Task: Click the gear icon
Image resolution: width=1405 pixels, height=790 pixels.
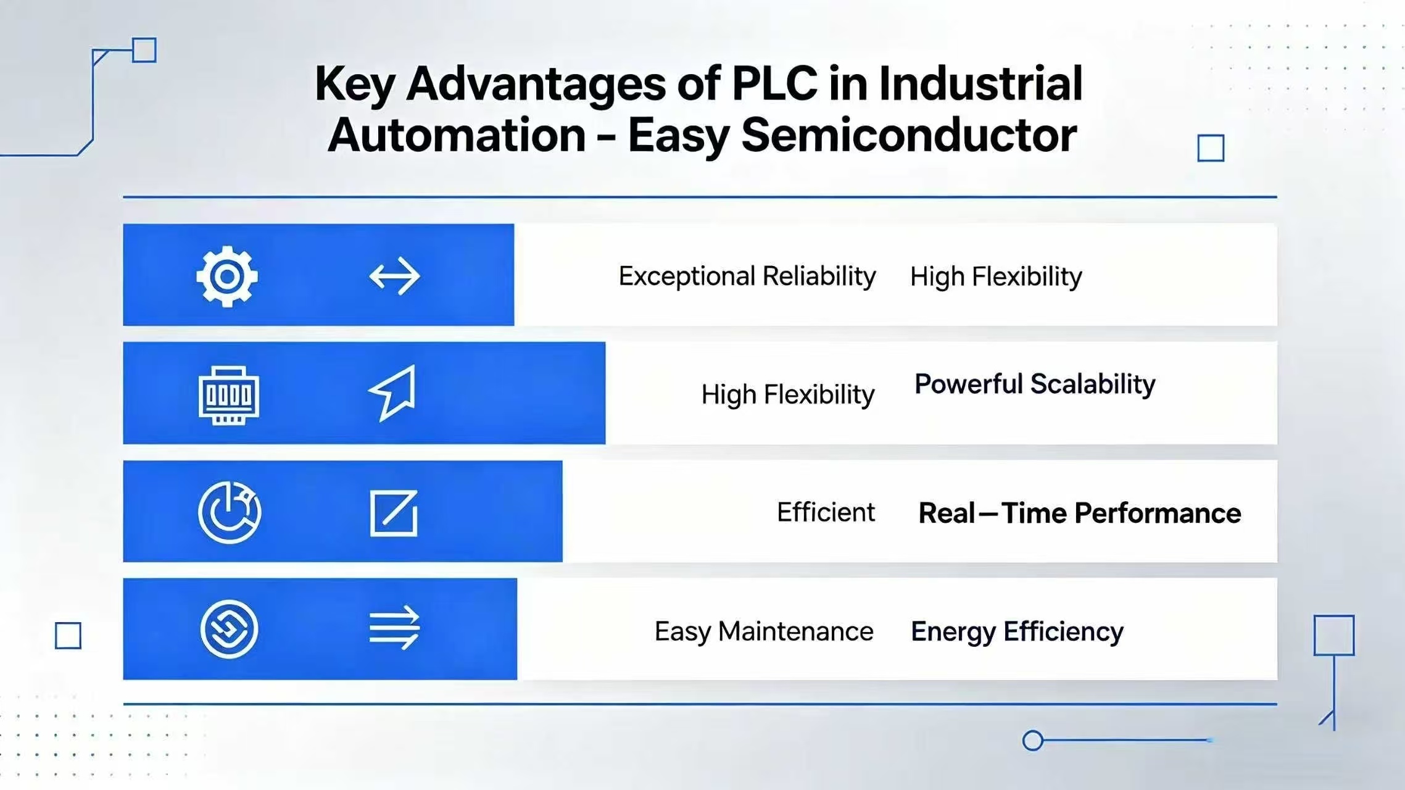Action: pyautogui.click(x=227, y=276)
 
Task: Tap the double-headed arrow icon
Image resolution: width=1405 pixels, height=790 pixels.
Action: pyautogui.click(x=394, y=276)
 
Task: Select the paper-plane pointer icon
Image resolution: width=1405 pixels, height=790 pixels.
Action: pyautogui.click(x=393, y=393)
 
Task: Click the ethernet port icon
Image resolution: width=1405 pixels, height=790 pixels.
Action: pyautogui.click(x=229, y=395)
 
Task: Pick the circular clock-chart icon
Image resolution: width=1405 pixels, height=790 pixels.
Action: pyautogui.click(x=230, y=512)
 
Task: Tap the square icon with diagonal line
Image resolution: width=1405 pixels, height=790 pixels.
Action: pyautogui.click(x=394, y=513)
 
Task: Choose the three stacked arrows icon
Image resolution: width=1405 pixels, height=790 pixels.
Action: pyautogui.click(x=394, y=627)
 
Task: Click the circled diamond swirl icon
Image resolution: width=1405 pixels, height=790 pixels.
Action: pyautogui.click(x=229, y=629)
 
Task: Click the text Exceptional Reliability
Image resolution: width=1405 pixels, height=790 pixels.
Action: pyautogui.click(x=747, y=276)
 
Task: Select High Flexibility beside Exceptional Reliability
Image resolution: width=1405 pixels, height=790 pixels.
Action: pyautogui.click(x=995, y=276)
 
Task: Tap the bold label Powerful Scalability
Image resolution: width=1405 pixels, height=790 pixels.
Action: pyautogui.click(x=1034, y=384)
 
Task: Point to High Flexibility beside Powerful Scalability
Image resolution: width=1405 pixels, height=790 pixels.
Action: pyautogui.click(x=787, y=394)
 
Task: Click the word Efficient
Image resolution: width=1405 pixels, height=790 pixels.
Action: pyautogui.click(x=825, y=512)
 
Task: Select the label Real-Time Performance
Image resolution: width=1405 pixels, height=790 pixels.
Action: pyautogui.click(x=1079, y=513)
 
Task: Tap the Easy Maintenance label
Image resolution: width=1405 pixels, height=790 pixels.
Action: pyautogui.click(x=763, y=631)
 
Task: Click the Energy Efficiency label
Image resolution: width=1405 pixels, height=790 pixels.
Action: pyautogui.click(x=1016, y=631)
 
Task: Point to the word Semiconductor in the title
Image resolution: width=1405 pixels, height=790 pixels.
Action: pyautogui.click(x=908, y=135)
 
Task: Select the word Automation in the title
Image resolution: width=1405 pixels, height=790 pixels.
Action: pyautogui.click(x=457, y=135)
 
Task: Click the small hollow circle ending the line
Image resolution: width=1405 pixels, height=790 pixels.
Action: pyautogui.click(x=1032, y=740)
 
